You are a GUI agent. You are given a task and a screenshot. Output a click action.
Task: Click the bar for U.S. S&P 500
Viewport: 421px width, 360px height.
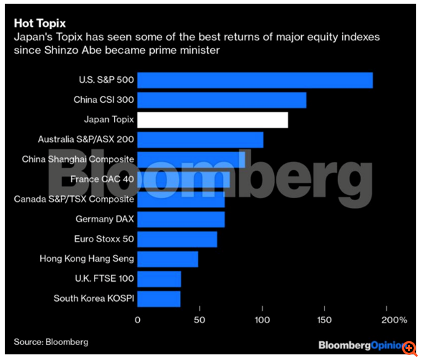click(255, 80)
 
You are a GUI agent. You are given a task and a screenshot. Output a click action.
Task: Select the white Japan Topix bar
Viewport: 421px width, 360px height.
click(212, 120)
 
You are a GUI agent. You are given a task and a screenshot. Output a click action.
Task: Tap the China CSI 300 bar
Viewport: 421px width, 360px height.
click(222, 100)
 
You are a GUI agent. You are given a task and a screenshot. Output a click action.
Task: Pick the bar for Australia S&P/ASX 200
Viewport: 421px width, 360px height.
click(200, 140)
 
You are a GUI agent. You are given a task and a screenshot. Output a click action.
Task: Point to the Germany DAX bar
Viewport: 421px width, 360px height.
click(181, 219)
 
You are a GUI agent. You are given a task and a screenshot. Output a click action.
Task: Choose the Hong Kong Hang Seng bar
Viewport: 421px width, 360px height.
click(168, 259)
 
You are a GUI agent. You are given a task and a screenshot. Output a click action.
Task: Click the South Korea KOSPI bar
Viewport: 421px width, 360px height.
click(159, 298)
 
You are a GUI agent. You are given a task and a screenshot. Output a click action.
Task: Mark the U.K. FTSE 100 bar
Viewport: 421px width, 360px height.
click(159, 279)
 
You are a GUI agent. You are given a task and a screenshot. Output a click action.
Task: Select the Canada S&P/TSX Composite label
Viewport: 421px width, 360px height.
click(74, 199)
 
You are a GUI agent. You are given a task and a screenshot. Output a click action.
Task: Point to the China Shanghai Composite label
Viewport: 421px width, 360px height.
click(78, 159)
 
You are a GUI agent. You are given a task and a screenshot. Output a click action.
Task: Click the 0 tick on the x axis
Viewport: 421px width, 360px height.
click(137, 321)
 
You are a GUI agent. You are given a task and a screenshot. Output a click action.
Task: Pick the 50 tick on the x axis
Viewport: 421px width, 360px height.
click(200, 321)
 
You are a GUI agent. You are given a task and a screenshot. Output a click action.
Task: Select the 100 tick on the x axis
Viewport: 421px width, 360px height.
click(262, 321)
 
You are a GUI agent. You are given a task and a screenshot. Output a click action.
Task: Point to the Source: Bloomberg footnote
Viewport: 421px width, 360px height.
click(51, 342)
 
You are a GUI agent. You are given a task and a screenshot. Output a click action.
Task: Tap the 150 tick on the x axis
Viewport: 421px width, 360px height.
click(325, 321)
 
